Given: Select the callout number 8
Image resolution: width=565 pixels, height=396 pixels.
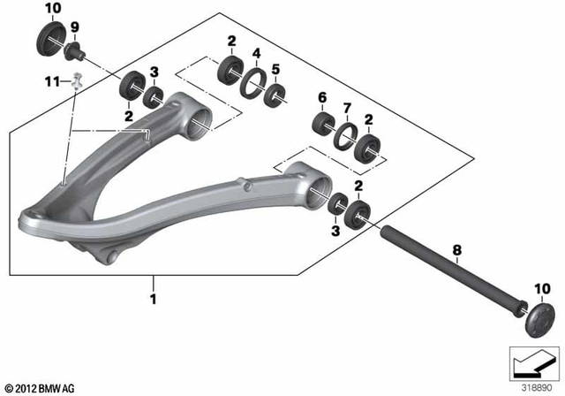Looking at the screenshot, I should (456, 250).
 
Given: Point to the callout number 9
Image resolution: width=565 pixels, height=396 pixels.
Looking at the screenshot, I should (74, 27).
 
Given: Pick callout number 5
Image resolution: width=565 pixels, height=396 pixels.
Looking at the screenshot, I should (275, 68).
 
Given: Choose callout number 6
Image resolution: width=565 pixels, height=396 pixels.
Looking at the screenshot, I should (322, 96).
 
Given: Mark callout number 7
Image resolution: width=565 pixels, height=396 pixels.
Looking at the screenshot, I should (346, 107).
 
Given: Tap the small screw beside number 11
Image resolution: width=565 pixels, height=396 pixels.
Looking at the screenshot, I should (78, 80).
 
